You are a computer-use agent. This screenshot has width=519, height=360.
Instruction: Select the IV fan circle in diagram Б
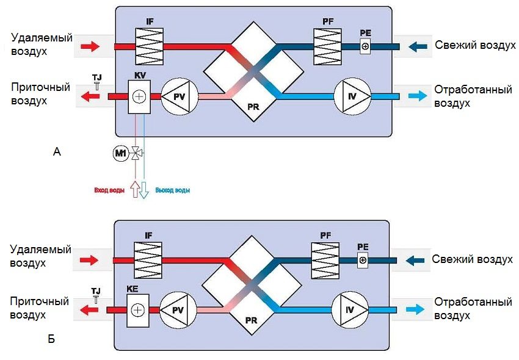349,310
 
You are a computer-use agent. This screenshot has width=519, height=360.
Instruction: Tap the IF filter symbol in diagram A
147,46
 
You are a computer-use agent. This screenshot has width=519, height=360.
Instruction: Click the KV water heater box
139,96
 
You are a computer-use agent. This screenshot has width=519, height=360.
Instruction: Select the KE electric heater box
138,310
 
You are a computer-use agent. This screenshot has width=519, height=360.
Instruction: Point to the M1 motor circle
120,153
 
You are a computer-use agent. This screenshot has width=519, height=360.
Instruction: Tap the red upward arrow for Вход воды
136,190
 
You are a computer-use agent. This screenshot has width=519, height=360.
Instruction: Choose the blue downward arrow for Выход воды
144,190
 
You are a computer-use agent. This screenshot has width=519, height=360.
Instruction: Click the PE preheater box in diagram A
365,46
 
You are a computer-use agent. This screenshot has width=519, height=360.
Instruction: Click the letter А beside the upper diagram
57,152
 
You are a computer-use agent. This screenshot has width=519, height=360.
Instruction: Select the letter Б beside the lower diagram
51,339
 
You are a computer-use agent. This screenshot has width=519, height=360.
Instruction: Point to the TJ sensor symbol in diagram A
97,85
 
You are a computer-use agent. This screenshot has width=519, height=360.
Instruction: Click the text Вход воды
109,191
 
